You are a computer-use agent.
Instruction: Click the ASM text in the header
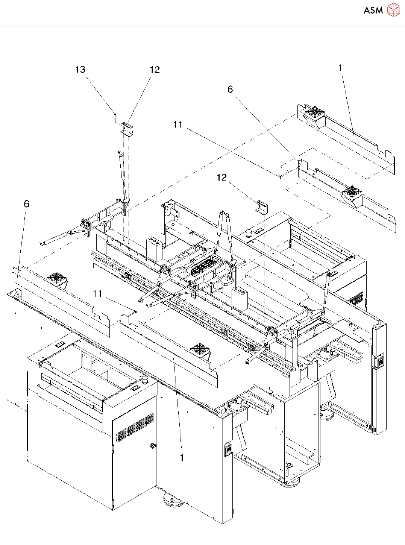[373, 11]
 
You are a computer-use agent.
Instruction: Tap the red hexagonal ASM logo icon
[394, 10]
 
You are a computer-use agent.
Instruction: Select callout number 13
[80, 70]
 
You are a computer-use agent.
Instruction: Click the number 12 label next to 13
[155, 70]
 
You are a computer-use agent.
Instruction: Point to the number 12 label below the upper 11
[222, 178]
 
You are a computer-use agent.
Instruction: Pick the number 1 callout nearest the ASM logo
[340, 68]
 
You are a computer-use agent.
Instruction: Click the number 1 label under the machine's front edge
[182, 458]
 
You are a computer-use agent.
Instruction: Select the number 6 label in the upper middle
[230, 90]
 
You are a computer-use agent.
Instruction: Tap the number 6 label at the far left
[26, 204]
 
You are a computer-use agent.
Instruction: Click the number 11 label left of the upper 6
[178, 124]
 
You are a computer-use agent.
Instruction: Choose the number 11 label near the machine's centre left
[97, 294]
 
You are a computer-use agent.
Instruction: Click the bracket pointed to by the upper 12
[127, 129]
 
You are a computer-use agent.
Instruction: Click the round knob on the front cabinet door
[152, 446]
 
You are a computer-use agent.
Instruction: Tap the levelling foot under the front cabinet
[173, 501]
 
